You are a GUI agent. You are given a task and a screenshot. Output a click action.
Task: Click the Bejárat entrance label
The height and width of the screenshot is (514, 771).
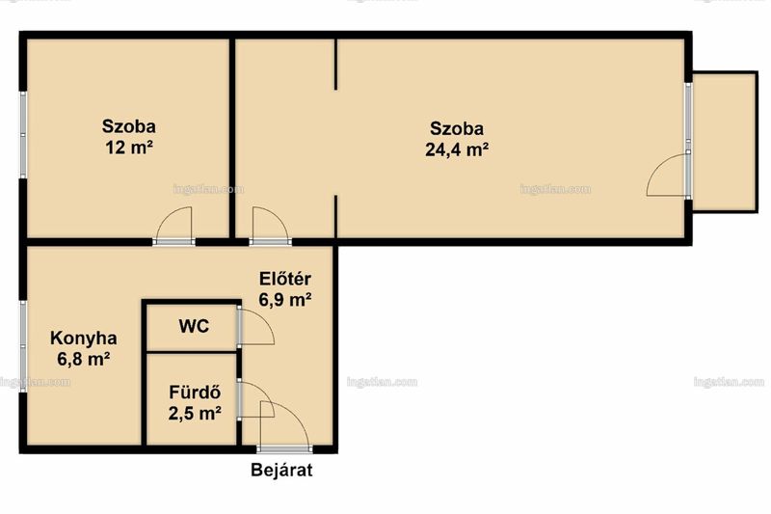coord(281,471)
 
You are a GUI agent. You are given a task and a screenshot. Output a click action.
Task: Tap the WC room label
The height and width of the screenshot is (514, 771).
coord(194,326)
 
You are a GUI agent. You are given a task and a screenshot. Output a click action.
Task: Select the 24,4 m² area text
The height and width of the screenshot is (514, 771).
coord(457,149)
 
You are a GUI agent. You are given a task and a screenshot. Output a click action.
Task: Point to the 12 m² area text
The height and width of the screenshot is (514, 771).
coord(129,148)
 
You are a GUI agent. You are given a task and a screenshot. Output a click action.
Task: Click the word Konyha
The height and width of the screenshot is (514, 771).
coord(84,338)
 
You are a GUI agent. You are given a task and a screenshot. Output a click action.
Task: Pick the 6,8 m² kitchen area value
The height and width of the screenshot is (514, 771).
coord(83,360)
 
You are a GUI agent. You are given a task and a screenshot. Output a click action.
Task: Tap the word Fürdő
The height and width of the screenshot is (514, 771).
coord(195,392)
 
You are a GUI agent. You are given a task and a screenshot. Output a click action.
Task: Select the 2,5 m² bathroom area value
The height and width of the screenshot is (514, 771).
coord(195,414)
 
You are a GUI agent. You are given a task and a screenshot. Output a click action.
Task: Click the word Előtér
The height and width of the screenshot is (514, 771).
coord(285,279)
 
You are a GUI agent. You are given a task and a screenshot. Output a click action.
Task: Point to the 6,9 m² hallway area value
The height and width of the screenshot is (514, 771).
coord(285,300)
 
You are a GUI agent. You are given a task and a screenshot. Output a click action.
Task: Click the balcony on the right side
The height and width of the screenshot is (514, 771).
coord(725,142)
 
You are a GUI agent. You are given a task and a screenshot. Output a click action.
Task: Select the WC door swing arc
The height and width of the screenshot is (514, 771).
coord(264,320)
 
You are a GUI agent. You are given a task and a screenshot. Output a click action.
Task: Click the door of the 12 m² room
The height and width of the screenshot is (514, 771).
coord(173,241)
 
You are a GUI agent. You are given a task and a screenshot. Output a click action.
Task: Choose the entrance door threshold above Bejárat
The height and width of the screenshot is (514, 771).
coord(284,449)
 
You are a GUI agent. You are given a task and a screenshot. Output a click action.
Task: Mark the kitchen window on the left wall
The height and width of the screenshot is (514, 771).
coord(22,346)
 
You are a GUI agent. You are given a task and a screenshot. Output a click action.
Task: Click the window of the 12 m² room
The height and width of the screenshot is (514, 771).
coord(22,134)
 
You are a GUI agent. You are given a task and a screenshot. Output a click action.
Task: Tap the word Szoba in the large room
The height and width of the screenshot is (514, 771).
coord(457,129)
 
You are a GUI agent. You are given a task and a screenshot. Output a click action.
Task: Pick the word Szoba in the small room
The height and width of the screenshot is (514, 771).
coord(129,126)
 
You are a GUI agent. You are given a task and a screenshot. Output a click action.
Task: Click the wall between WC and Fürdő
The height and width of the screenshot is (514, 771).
coord(192,352)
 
